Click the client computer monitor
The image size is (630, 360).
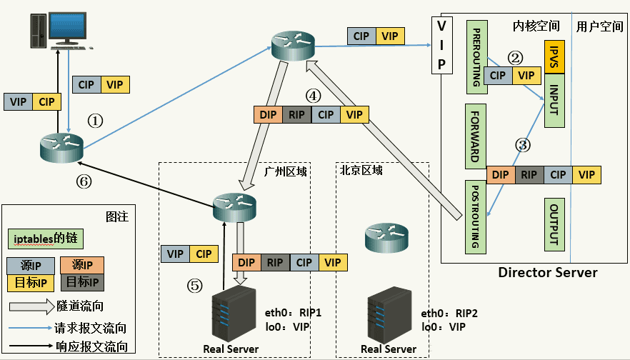click(x=67, y=28)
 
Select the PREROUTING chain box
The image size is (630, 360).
click(x=477, y=57)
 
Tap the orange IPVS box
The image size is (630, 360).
click(x=554, y=57)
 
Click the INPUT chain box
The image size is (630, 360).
click(x=554, y=101)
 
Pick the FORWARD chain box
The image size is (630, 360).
click(x=476, y=136)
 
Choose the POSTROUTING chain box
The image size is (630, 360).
click(x=475, y=217)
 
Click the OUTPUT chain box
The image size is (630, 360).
click(x=554, y=224)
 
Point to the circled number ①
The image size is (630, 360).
click(x=95, y=121)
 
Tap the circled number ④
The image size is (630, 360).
click(x=314, y=96)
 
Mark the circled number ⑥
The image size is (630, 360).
click(x=84, y=181)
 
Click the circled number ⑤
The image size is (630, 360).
click(x=195, y=286)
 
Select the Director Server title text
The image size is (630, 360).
click(x=548, y=272)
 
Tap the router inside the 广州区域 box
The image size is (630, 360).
click(x=234, y=207)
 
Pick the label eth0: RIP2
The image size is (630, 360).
click(x=449, y=314)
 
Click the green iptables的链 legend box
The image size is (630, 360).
click(x=46, y=239)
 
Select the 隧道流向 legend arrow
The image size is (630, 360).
click(x=31, y=306)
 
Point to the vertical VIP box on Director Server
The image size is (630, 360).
click(x=441, y=46)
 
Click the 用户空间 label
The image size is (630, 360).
click(x=599, y=26)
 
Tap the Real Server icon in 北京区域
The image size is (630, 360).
click(x=389, y=314)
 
